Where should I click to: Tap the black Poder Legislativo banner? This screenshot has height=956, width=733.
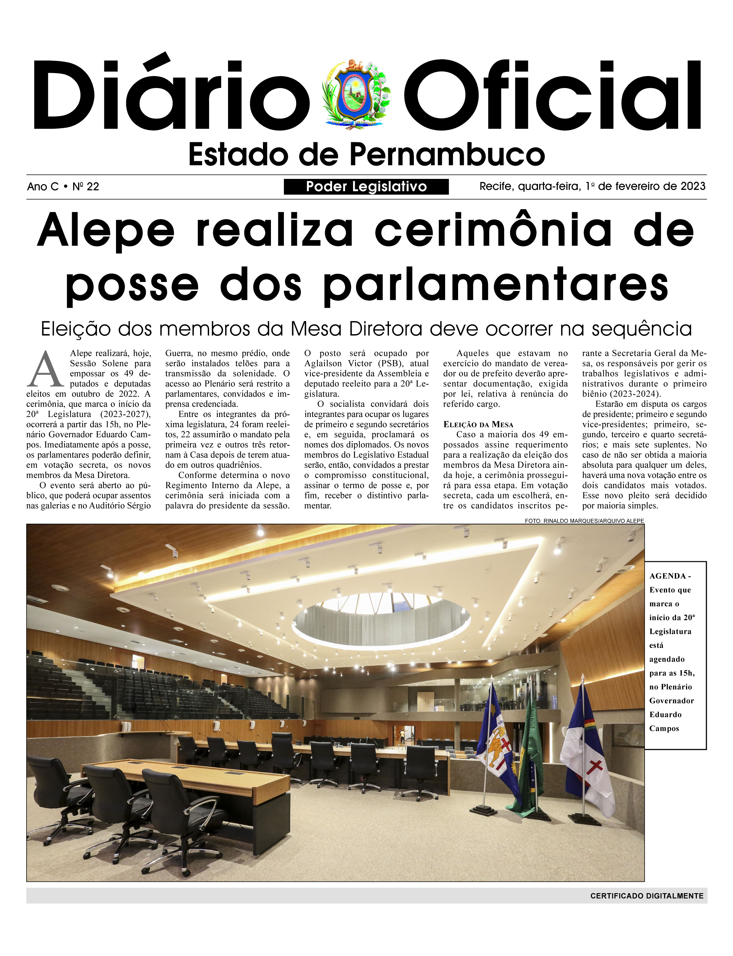point(366,187)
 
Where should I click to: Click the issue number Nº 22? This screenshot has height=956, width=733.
point(86,187)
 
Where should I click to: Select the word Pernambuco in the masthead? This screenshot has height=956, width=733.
point(447,155)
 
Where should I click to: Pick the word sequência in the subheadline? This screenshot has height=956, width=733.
point(641,329)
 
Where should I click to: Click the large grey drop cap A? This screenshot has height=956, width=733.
point(45,370)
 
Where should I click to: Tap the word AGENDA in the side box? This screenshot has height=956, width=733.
point(668,576)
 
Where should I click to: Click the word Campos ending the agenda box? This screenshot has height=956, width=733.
point(664,728)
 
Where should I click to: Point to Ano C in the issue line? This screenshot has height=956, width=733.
point(42,187)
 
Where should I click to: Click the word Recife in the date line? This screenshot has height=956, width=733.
point(497,186)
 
